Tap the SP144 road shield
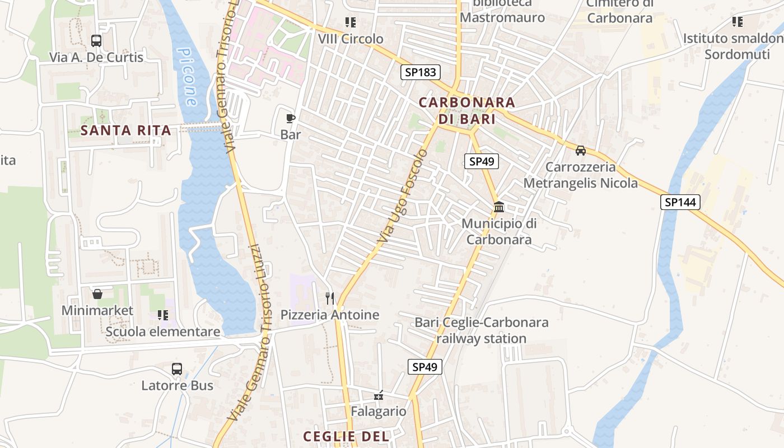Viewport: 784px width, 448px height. pos(680,202)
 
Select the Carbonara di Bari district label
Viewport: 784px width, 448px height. pos(466,111)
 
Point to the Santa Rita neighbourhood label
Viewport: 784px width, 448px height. pos(125,130)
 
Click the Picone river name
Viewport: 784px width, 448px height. pos(187,77)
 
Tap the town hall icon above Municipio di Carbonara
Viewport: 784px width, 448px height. pos(498,207)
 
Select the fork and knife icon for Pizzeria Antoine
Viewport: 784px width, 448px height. pos(330,298)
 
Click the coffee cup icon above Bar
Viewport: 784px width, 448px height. pos(290,118)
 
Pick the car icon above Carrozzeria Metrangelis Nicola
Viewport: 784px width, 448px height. pos(581,151)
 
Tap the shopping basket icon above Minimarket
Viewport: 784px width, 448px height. pos(97,294)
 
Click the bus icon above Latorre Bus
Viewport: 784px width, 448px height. pos(177,369)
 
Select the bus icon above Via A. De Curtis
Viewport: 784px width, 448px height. pos(96,41)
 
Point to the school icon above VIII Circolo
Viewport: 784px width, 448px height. pos(351,22)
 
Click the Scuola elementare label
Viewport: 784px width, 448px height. pos(163,332)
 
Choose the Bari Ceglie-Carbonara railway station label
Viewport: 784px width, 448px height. pos(482,330)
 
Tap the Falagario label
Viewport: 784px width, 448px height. pos(379,411)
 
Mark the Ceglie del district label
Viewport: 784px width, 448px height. pos(346,436)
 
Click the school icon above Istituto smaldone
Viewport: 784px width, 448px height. pos(738,22)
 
